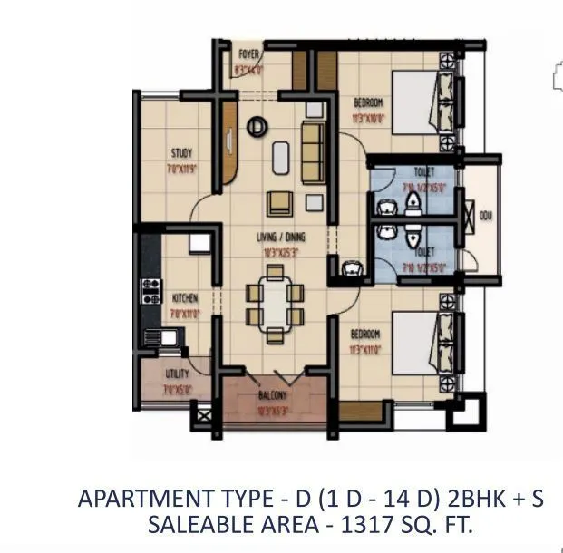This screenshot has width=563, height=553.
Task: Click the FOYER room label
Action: [248, 55]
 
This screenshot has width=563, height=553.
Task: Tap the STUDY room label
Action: [180, 153]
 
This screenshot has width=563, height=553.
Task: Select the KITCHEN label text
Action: [184, 297]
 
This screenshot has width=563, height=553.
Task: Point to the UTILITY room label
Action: [177, 374]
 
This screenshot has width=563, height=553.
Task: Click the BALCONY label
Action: [271, 396]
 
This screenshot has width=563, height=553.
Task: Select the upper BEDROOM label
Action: [368, 102]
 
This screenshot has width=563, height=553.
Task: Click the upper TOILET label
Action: [423, 171]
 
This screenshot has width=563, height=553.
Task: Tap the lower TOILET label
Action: [423, 252]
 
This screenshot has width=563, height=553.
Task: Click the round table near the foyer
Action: [259, 128]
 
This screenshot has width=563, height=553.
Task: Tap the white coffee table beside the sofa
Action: [282, 159]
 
